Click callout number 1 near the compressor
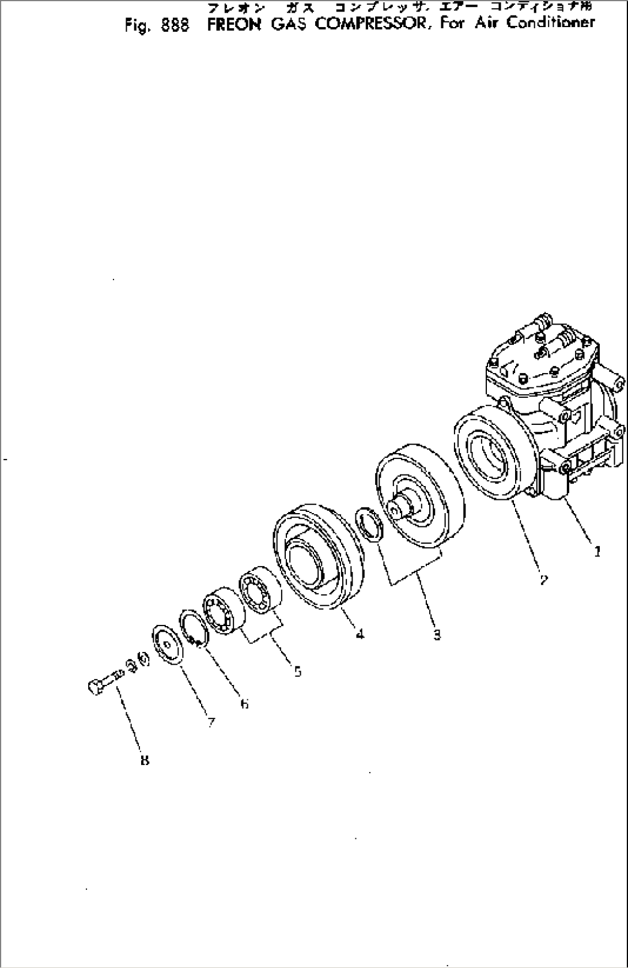(x=597, y=552)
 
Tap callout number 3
(x=437, y=635)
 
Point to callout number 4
(x=360, y=634)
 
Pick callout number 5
(x=297, y=671)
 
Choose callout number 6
(x=244, y=703)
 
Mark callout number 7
(x=211, y=722)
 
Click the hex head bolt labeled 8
(x=104, y=682)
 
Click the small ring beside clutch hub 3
(x=369, y=525)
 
